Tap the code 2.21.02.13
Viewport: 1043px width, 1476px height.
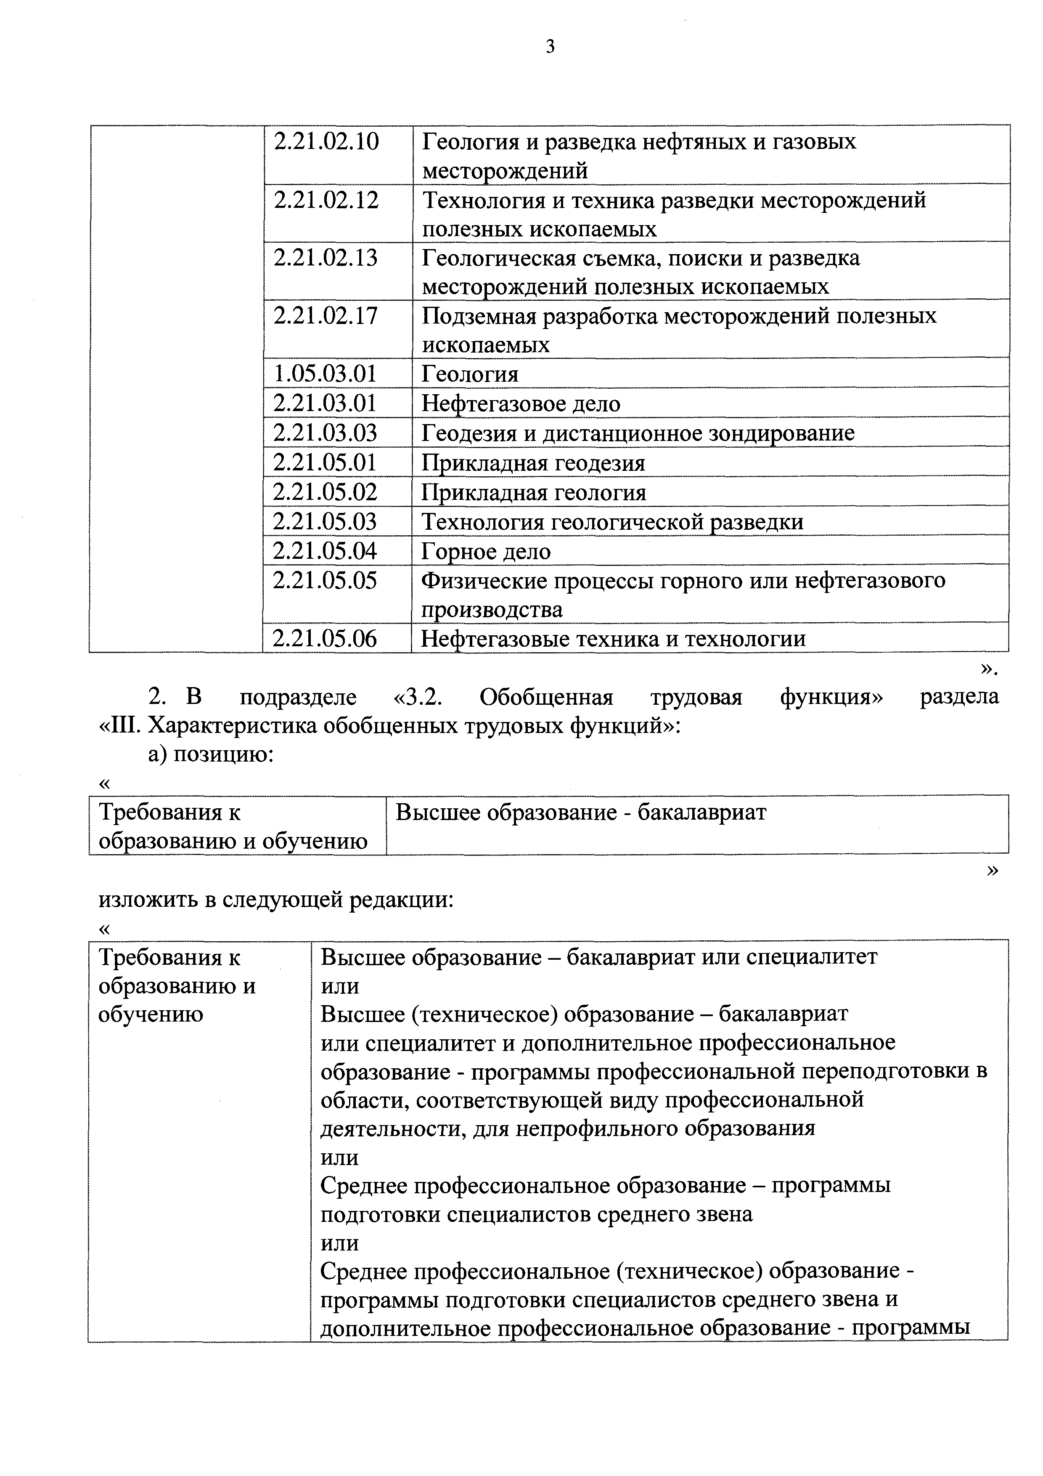click(326, 258)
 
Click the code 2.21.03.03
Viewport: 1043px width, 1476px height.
click(325, 433)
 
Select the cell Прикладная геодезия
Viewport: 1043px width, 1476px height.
click(533, 463)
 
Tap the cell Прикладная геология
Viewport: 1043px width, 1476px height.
click(533, 492)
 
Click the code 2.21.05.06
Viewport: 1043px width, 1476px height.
click(325, 638)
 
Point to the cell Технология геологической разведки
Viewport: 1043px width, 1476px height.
click(612, 521)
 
